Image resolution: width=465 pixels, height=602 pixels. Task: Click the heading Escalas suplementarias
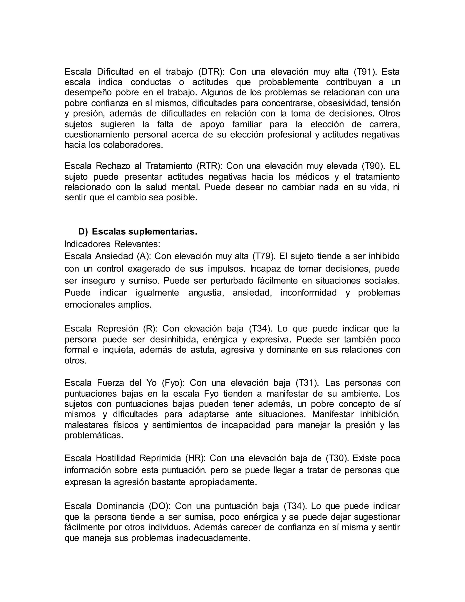145,232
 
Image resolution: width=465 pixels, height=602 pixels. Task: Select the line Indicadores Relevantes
112,244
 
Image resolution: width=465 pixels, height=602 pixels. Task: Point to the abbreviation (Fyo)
173,383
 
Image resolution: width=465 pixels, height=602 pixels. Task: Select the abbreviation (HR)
195,458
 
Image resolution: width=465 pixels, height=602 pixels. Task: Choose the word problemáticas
94,435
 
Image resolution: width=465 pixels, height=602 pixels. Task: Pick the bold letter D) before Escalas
83,232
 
